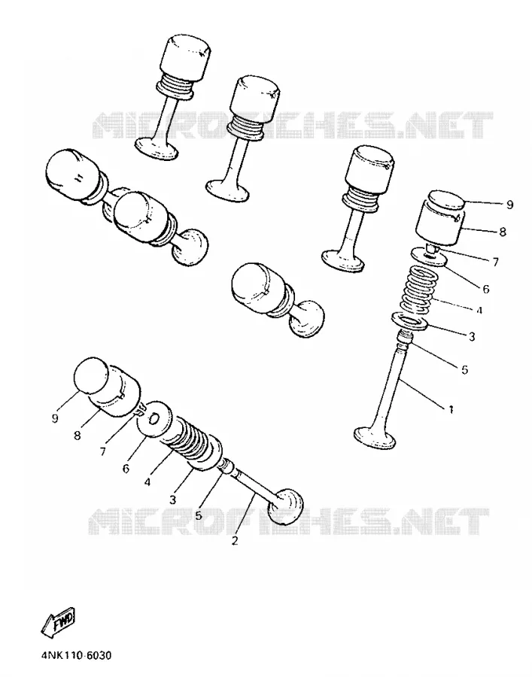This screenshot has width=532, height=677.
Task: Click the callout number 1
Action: [451, 409]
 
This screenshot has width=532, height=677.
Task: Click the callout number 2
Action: [235, 540]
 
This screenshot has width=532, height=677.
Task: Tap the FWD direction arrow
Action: [58, 622]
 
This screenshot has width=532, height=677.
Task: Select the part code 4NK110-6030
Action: [77, 655]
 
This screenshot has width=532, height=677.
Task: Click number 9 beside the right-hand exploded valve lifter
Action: [509, 205]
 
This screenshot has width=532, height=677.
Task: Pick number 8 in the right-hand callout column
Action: [502, 232]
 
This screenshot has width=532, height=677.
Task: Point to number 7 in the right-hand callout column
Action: [495, 262]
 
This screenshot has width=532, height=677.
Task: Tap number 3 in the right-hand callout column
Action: [472, 336]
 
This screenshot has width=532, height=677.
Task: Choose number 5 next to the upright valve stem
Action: [464, 369]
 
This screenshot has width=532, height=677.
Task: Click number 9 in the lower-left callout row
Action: [54, 418]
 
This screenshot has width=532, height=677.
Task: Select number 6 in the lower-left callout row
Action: [126, 469]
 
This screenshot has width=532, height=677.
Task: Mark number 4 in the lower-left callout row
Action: [147, 482]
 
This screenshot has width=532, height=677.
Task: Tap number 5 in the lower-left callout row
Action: [198, 515]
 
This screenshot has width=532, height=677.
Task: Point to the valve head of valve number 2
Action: [286, 505]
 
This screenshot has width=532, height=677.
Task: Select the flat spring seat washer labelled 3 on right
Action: [409, 322]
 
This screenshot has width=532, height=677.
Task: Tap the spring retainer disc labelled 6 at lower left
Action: [154, 418]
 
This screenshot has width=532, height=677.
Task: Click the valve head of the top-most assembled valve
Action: [157, 148]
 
